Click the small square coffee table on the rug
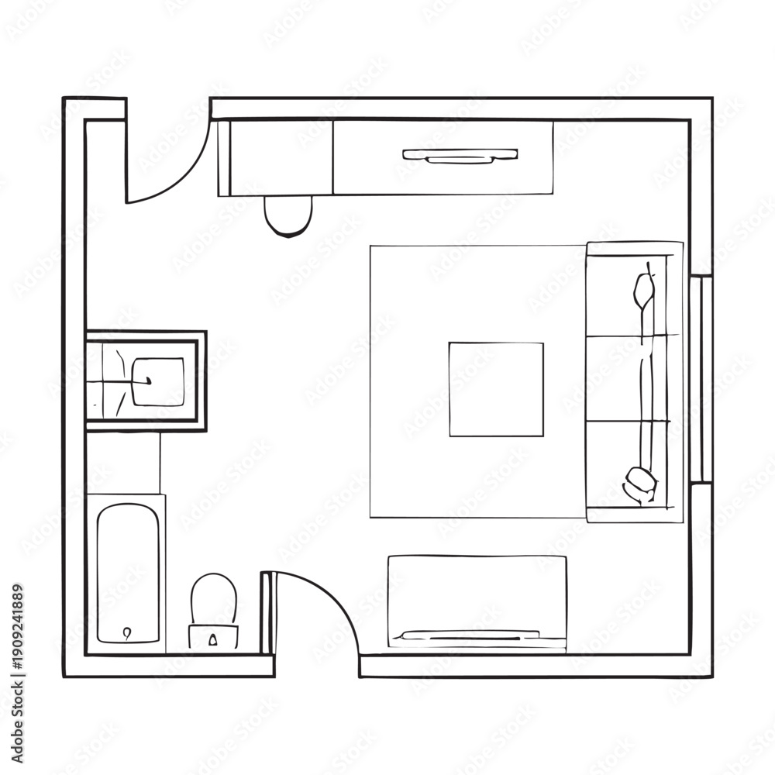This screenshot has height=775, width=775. pyautogui.click(x=496, y=390)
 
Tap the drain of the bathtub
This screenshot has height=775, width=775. pyautogui.click(x=128, y=632)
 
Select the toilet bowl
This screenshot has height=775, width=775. pyautogui.click(x=214, y=599)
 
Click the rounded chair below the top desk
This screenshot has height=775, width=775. pyautogui.click(x=288, y=216)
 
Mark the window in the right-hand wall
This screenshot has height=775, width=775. pyautogui.click(x=701, y=378)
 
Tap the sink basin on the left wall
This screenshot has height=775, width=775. pyautogui.click(x=157, y=381)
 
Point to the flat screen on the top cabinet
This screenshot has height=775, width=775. pyautogui.click(x=460, y=155)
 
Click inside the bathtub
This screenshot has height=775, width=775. pyautogui.click(x=128, y=573)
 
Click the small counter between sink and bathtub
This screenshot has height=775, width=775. pyautogui.click(x=123, y=463)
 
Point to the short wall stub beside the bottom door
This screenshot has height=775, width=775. pyautogui.click(x=266, y=614)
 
